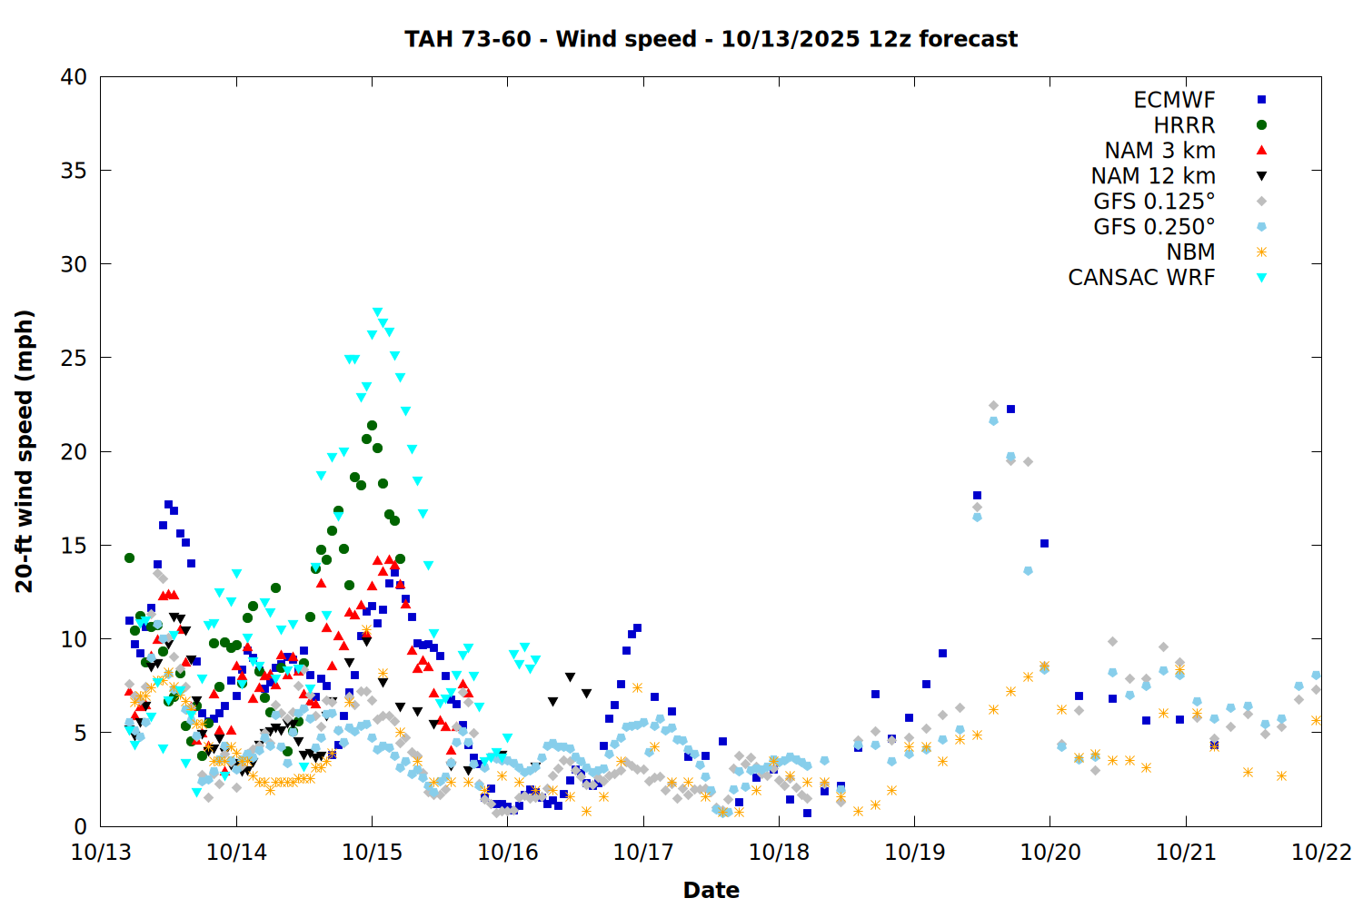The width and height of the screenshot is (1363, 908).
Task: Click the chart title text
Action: point(711,39)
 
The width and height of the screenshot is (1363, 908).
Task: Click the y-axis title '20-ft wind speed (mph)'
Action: point(25,451)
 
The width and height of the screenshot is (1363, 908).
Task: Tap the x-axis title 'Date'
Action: point(711,890)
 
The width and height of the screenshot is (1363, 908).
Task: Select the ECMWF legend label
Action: point(1174,100)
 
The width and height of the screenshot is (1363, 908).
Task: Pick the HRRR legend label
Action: point(1184,125)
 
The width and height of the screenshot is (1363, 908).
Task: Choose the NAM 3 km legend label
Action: point(1159,151)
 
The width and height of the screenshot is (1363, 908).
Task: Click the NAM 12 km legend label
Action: point(1153,176)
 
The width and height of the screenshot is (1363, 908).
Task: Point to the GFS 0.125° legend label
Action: point(1154,202)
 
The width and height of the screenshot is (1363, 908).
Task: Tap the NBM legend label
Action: point(1190,252)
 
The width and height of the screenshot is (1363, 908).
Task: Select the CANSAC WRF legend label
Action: point(1141,278)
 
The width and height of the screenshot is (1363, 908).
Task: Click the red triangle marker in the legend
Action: point(1261,150)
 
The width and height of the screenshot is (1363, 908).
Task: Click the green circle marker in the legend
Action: point(1261,125)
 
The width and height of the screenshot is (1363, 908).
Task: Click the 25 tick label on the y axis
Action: point(74,358)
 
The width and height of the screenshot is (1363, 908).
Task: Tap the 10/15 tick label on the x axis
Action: point(372,853)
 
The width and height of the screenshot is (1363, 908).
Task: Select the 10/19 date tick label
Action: point(914,853)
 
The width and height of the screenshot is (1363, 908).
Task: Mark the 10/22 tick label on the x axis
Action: point(1321,853)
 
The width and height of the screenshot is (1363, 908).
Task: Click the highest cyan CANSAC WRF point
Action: point(378,312)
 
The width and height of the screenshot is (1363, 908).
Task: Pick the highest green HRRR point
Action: point(372,425)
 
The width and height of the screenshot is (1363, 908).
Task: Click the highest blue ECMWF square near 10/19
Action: point(1010,410)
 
